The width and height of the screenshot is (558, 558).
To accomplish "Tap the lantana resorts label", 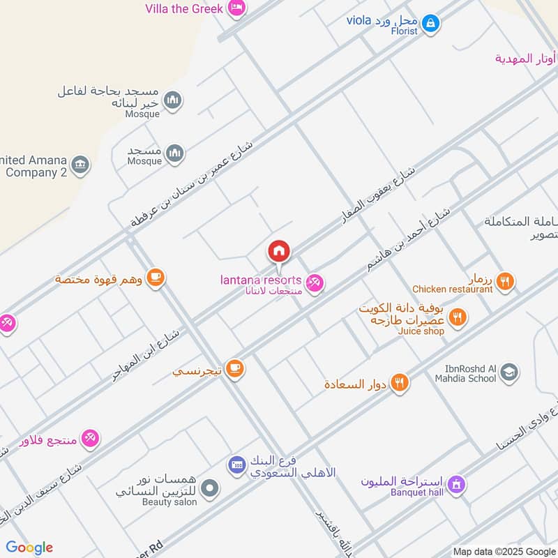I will click(x=261, y=280).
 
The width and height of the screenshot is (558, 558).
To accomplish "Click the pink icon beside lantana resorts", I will click(x=315, y=282).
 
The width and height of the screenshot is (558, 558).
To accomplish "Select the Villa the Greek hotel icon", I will click(x=237, y=8).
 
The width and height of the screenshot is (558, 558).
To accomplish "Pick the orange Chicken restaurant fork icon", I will click(x=506, y=281).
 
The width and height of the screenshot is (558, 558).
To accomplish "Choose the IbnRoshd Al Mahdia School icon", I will click(x=509, y=372).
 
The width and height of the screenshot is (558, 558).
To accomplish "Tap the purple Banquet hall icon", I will click(x=456, y=483).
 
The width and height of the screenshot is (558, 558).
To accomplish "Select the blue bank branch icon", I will click(x=236, y=463).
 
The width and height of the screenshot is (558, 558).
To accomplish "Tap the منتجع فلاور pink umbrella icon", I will click(x=90, y=439).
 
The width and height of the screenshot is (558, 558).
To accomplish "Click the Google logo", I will click(x=29, y=548).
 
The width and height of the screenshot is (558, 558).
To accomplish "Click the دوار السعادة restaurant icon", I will click(x=400, y=383).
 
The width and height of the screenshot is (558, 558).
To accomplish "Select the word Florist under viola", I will click(x=404, y=31).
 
